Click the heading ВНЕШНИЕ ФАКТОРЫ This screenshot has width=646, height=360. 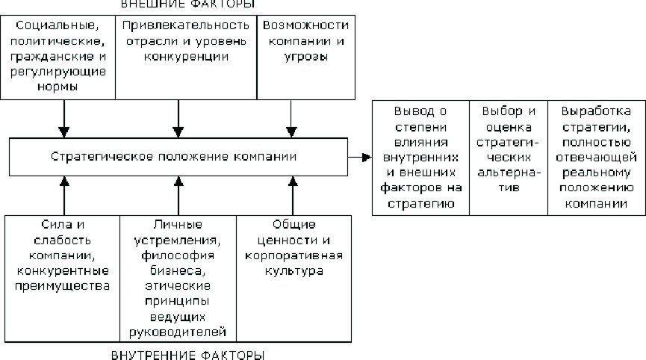177,5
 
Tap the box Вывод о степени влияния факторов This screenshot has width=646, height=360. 420,157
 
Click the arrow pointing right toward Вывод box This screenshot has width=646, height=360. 360,157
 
